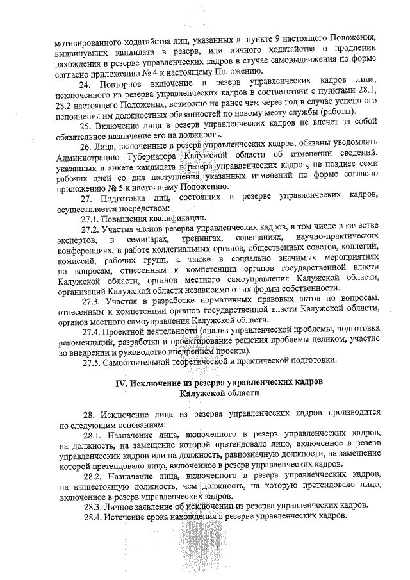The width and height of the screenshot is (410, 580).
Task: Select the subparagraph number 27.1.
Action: (91, 218)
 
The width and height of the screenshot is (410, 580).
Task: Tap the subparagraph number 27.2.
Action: (91, 228)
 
